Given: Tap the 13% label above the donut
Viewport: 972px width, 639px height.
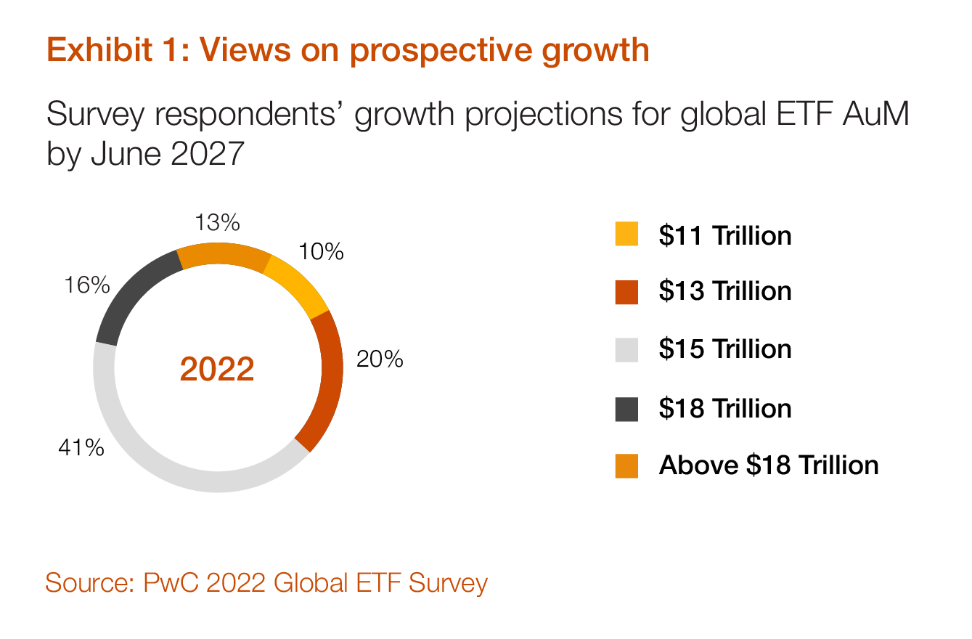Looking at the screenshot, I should (217, 222).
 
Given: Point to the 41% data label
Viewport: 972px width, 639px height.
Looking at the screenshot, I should (81, 447).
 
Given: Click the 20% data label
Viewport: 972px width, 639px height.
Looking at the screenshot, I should (379, 359).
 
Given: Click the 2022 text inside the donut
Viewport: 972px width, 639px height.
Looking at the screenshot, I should (217, 370).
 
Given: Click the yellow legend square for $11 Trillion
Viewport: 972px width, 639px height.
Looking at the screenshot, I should (626, 235).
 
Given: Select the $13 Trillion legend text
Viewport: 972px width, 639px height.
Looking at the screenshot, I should (724, 291).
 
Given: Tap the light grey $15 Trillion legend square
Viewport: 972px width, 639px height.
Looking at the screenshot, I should (626, 350).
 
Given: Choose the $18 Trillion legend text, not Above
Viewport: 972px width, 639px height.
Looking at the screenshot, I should (724, 408).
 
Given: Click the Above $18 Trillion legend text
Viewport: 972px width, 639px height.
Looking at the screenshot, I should (768, 465).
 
